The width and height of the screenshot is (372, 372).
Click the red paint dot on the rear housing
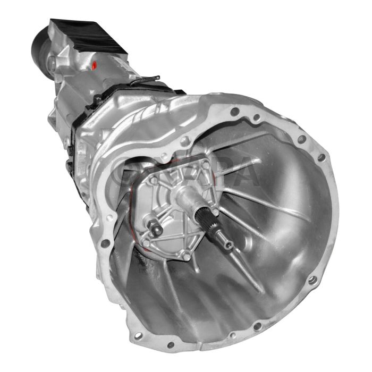tap(94, 66)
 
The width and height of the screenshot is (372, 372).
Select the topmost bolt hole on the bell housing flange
tap(234, 112)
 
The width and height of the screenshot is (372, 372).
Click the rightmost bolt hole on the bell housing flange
tap(321, 158)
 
